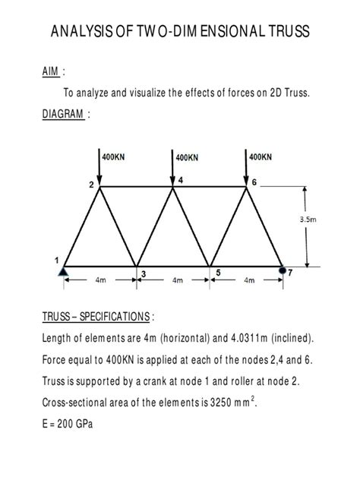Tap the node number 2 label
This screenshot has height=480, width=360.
pos(90,185)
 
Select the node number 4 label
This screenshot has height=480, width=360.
pos(181,179)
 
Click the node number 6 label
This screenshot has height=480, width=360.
pos(254,184)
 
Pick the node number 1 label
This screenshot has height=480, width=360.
pos(56,260)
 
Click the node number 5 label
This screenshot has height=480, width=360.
pos(218,273)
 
